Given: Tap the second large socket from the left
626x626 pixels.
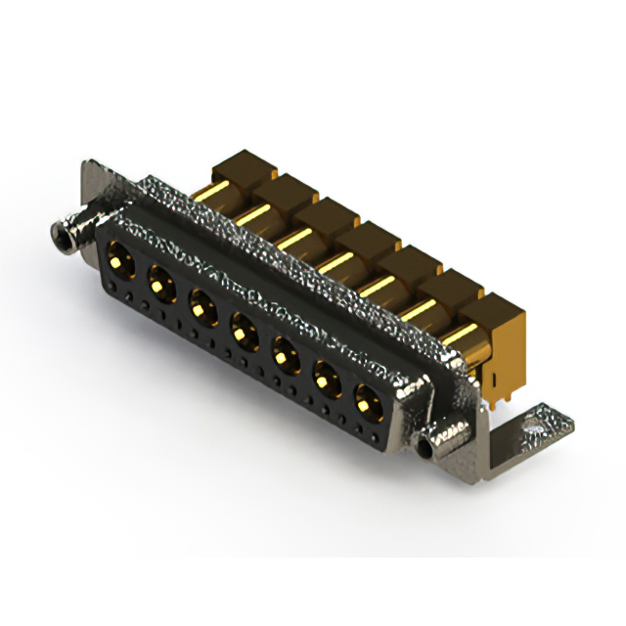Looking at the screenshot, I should tap(160, 285).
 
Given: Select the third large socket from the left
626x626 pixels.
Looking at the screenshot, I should tap(202, 306).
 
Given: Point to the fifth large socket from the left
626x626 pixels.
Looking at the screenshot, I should tap(287, 353).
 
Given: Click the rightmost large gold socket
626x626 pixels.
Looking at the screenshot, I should tap(368, 401).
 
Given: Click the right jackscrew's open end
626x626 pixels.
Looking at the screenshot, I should tap(427, 448).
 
